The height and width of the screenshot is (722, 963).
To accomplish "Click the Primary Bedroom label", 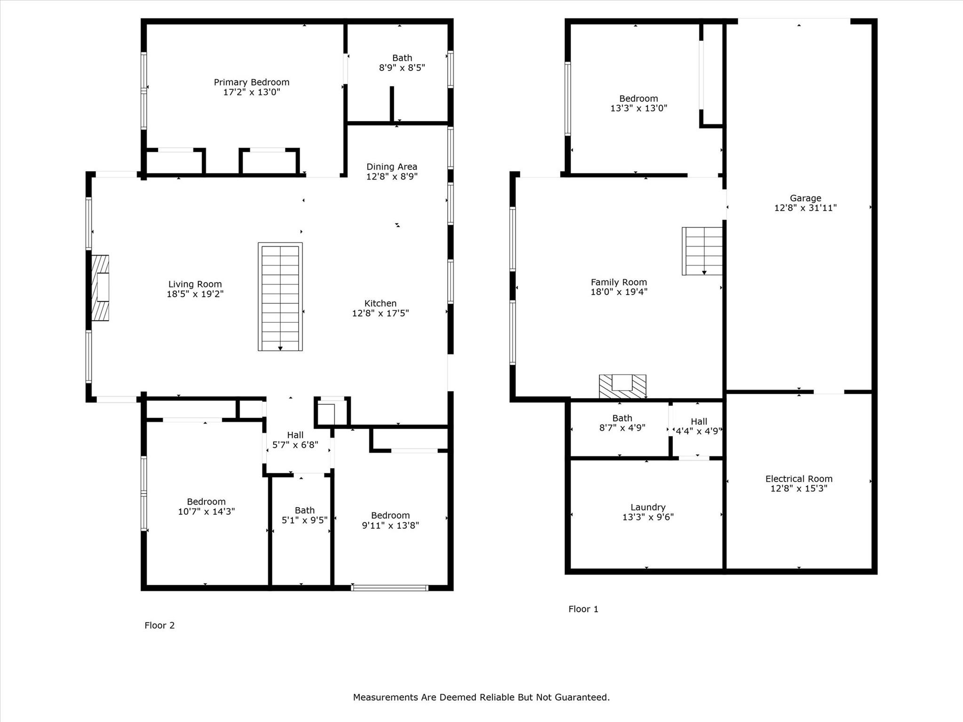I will [252, 83].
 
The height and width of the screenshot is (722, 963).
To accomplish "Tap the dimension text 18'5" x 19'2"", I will [195, 294].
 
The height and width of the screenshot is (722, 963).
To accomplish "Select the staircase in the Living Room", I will [280, 297].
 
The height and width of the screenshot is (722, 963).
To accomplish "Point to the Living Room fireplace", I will [100, 288].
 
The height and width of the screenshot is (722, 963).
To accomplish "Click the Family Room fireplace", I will [622, 386].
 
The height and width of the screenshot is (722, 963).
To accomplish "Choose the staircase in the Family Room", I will [703, 251].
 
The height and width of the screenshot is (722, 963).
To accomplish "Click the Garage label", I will [805, 198].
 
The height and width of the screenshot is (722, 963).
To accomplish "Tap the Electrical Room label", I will [798, 479].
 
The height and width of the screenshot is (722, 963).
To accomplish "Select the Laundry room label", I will [647, 507].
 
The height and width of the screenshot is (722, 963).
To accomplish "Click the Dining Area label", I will [392, 167].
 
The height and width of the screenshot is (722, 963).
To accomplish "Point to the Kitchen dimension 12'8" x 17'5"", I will [380, 314].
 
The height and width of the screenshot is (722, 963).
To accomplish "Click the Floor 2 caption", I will [159, 625].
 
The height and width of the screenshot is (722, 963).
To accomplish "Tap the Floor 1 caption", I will [583, 609].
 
